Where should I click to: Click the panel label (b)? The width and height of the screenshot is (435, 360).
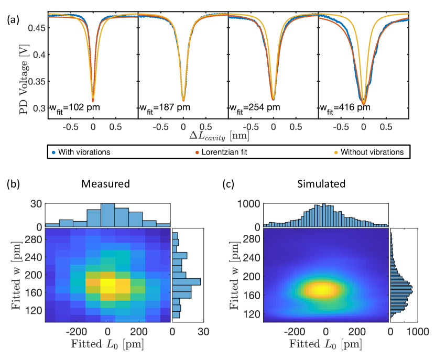click(13, 184)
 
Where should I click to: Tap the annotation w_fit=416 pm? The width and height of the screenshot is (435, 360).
click(345, 108)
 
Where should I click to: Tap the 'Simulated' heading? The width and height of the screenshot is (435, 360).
click(325, 185)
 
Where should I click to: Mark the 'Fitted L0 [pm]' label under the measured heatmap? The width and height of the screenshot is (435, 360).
click(107, 344)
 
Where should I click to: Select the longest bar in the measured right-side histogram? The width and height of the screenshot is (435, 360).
click(187, 282)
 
